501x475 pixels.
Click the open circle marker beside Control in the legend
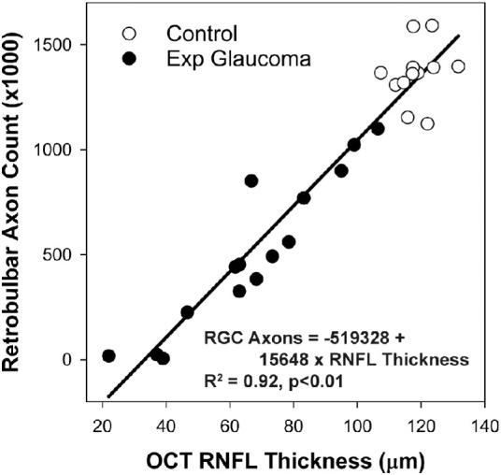click(128, 34)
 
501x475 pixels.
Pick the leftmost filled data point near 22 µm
click(108, 356)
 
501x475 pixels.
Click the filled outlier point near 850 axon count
click(250, 180)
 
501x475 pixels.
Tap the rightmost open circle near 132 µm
click(458, 66)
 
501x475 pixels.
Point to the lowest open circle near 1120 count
click(427, 123)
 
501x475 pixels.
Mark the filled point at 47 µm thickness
click(187, 312)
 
